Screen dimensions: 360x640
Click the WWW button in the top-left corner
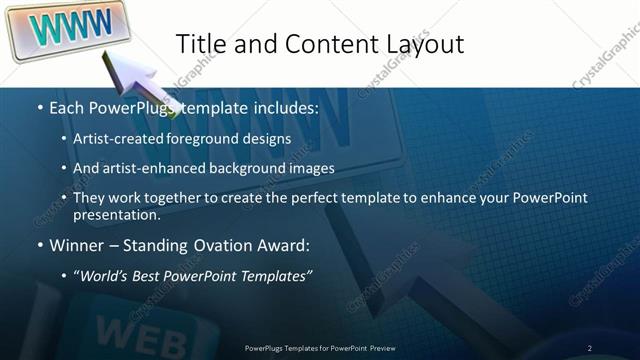point(65,27)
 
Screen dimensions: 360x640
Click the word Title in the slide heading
point(202,44)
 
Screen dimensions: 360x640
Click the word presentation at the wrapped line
point(116,215)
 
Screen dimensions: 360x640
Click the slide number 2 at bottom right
point(590,347)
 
